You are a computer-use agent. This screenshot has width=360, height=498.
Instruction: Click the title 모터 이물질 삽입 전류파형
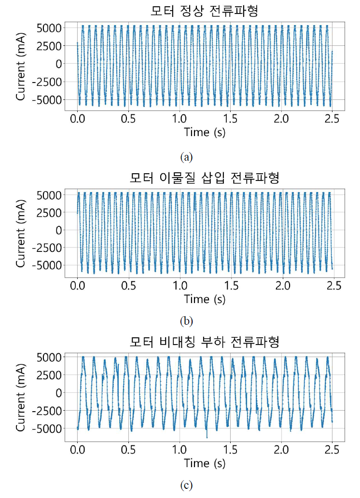[x=205, y=178]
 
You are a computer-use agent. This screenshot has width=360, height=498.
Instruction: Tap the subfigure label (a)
[x=186, y=157]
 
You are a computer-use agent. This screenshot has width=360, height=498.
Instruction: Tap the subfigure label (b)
[x=186, y=320]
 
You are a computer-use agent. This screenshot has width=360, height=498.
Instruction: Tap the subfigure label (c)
[x=186, y=485]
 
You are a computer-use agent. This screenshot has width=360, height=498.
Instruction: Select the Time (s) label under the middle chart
[x=205, y=299]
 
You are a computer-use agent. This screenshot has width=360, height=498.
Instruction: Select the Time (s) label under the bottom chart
[x=205, y=463]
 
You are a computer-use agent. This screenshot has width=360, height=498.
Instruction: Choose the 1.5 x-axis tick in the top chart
[x=230, y=119]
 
